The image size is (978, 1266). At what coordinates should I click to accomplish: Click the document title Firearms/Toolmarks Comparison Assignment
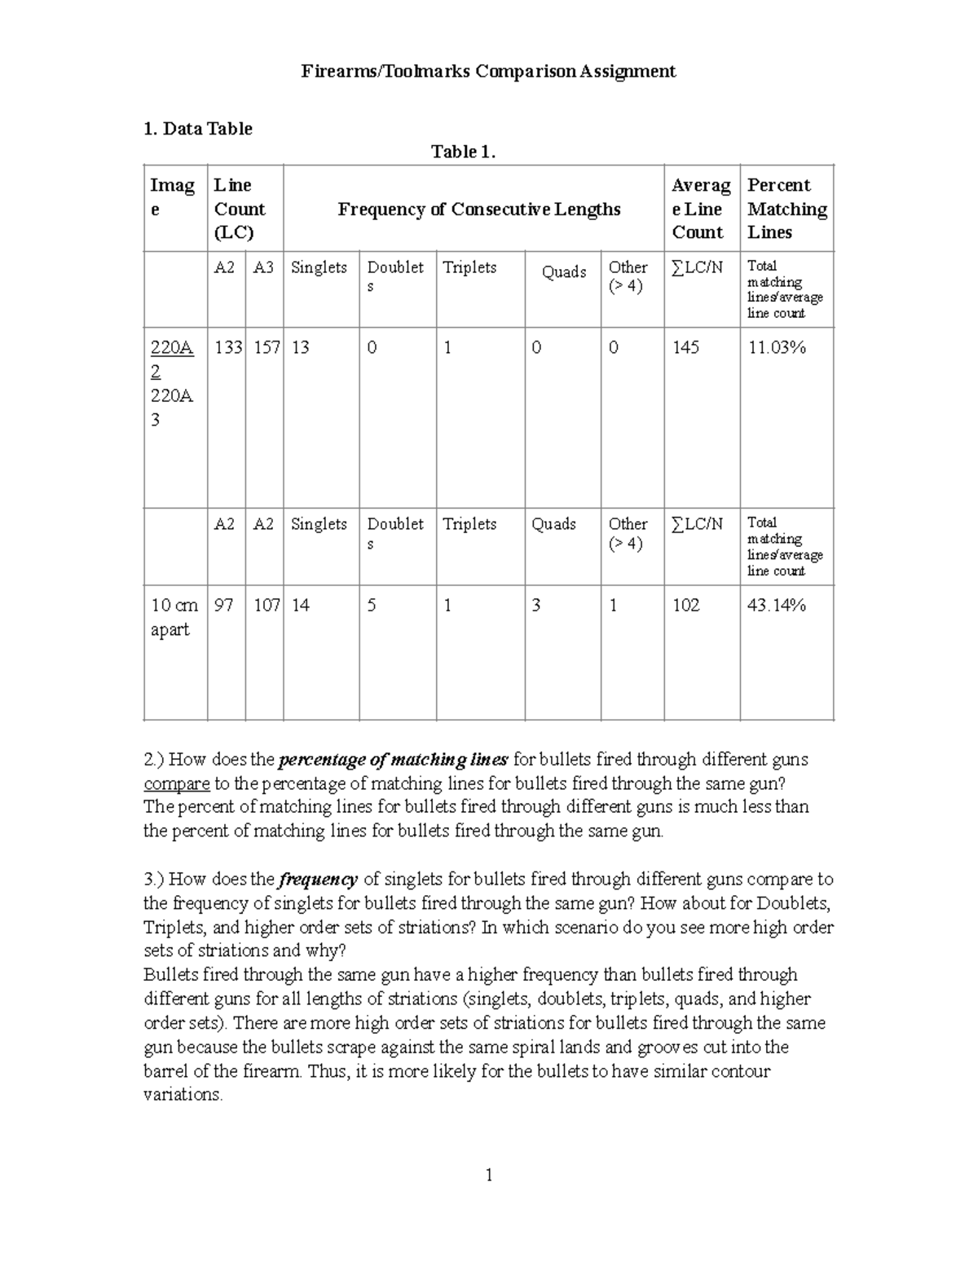point(488,72)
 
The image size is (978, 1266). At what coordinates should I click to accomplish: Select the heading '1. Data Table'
point(197,129)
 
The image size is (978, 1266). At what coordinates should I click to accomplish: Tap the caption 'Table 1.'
point(463,152)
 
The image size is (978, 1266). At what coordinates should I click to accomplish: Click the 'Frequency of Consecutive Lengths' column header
point(479,210)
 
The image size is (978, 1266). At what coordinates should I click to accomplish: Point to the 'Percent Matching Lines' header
point(786,209)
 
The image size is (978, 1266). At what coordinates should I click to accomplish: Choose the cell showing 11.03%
point(777,348)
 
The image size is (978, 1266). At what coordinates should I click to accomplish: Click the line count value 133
point(228,348)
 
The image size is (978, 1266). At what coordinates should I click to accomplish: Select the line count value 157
point(266,348)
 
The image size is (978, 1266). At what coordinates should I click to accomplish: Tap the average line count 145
point(685,348)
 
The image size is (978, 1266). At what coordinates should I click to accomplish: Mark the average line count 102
point(685,605)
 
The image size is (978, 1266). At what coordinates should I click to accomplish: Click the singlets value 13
point(300,348)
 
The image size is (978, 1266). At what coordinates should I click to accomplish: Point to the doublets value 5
point(372,605)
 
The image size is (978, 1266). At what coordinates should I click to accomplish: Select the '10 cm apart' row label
point(174,617)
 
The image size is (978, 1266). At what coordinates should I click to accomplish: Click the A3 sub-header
point(263,267)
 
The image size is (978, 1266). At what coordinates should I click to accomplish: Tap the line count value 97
point(223,605)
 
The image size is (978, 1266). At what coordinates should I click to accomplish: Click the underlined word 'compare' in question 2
point(177,783)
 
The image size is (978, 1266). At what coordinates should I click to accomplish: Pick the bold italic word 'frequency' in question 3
point(318,880)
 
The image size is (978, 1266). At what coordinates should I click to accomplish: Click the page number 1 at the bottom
point(489,1175)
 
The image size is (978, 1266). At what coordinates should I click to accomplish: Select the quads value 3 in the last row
point(536,605)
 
